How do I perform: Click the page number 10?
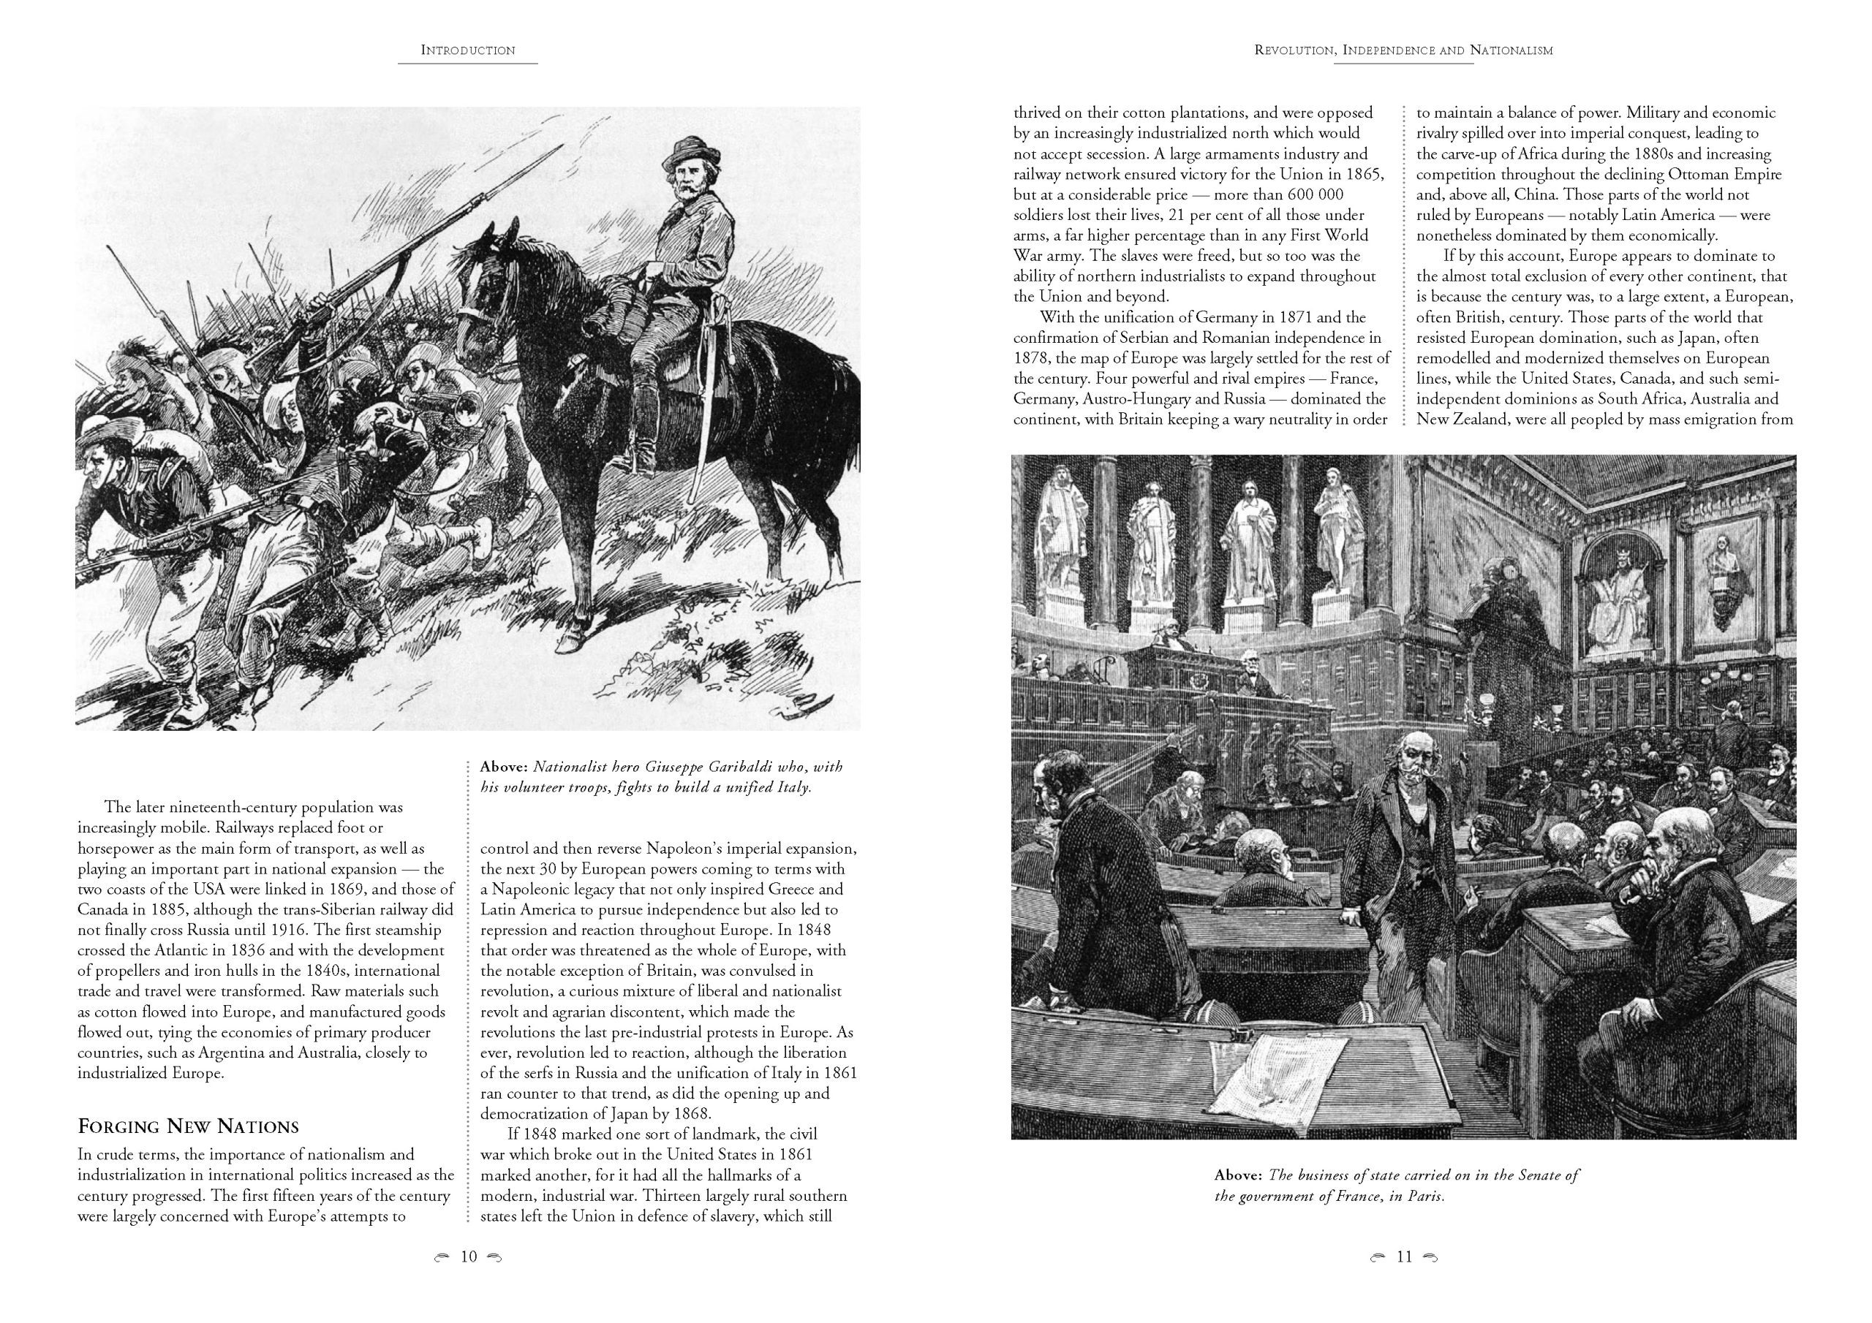469,1256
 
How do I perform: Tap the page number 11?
1403,1256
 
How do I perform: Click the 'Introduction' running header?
468,50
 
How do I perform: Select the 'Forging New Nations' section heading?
189,1126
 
